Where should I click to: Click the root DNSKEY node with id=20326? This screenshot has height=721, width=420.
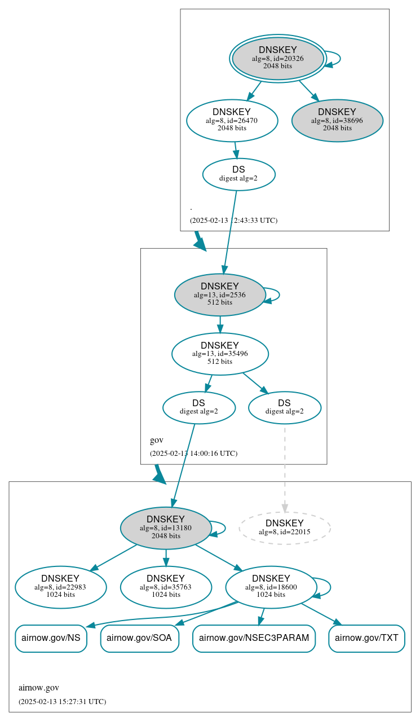point(277,58)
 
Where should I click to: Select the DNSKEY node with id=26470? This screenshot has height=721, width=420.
point(232,120)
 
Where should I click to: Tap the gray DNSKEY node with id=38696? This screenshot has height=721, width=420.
point(337,120)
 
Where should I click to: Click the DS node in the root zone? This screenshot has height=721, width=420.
point(238,174)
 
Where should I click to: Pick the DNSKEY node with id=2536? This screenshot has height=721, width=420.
point(220,294)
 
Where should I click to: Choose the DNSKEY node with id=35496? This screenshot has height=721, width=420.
point(220,354)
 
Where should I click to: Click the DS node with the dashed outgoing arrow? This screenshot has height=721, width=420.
point(284,407)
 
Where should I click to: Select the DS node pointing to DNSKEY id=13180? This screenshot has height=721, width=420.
point(198,407)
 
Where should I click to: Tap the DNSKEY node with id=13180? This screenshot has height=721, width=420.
point(166,528)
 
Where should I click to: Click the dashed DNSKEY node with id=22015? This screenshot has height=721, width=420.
point(284,528)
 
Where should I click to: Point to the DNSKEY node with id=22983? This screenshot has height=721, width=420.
point(60,587)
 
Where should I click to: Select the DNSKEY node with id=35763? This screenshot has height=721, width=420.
point(166,587)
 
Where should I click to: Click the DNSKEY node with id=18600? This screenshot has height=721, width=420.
point(271,587)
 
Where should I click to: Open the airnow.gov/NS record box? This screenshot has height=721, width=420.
point(51,639)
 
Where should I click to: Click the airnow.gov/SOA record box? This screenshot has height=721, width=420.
point(139,639)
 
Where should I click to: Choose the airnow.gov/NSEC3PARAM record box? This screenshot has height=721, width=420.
point(254,639)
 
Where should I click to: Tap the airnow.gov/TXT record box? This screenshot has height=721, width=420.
point(366,639)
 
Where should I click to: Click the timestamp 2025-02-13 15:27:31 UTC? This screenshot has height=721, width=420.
point(62,702)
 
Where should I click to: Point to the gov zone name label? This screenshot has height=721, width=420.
point(156,440)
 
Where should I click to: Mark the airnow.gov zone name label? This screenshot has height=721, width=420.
point(39,688)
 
